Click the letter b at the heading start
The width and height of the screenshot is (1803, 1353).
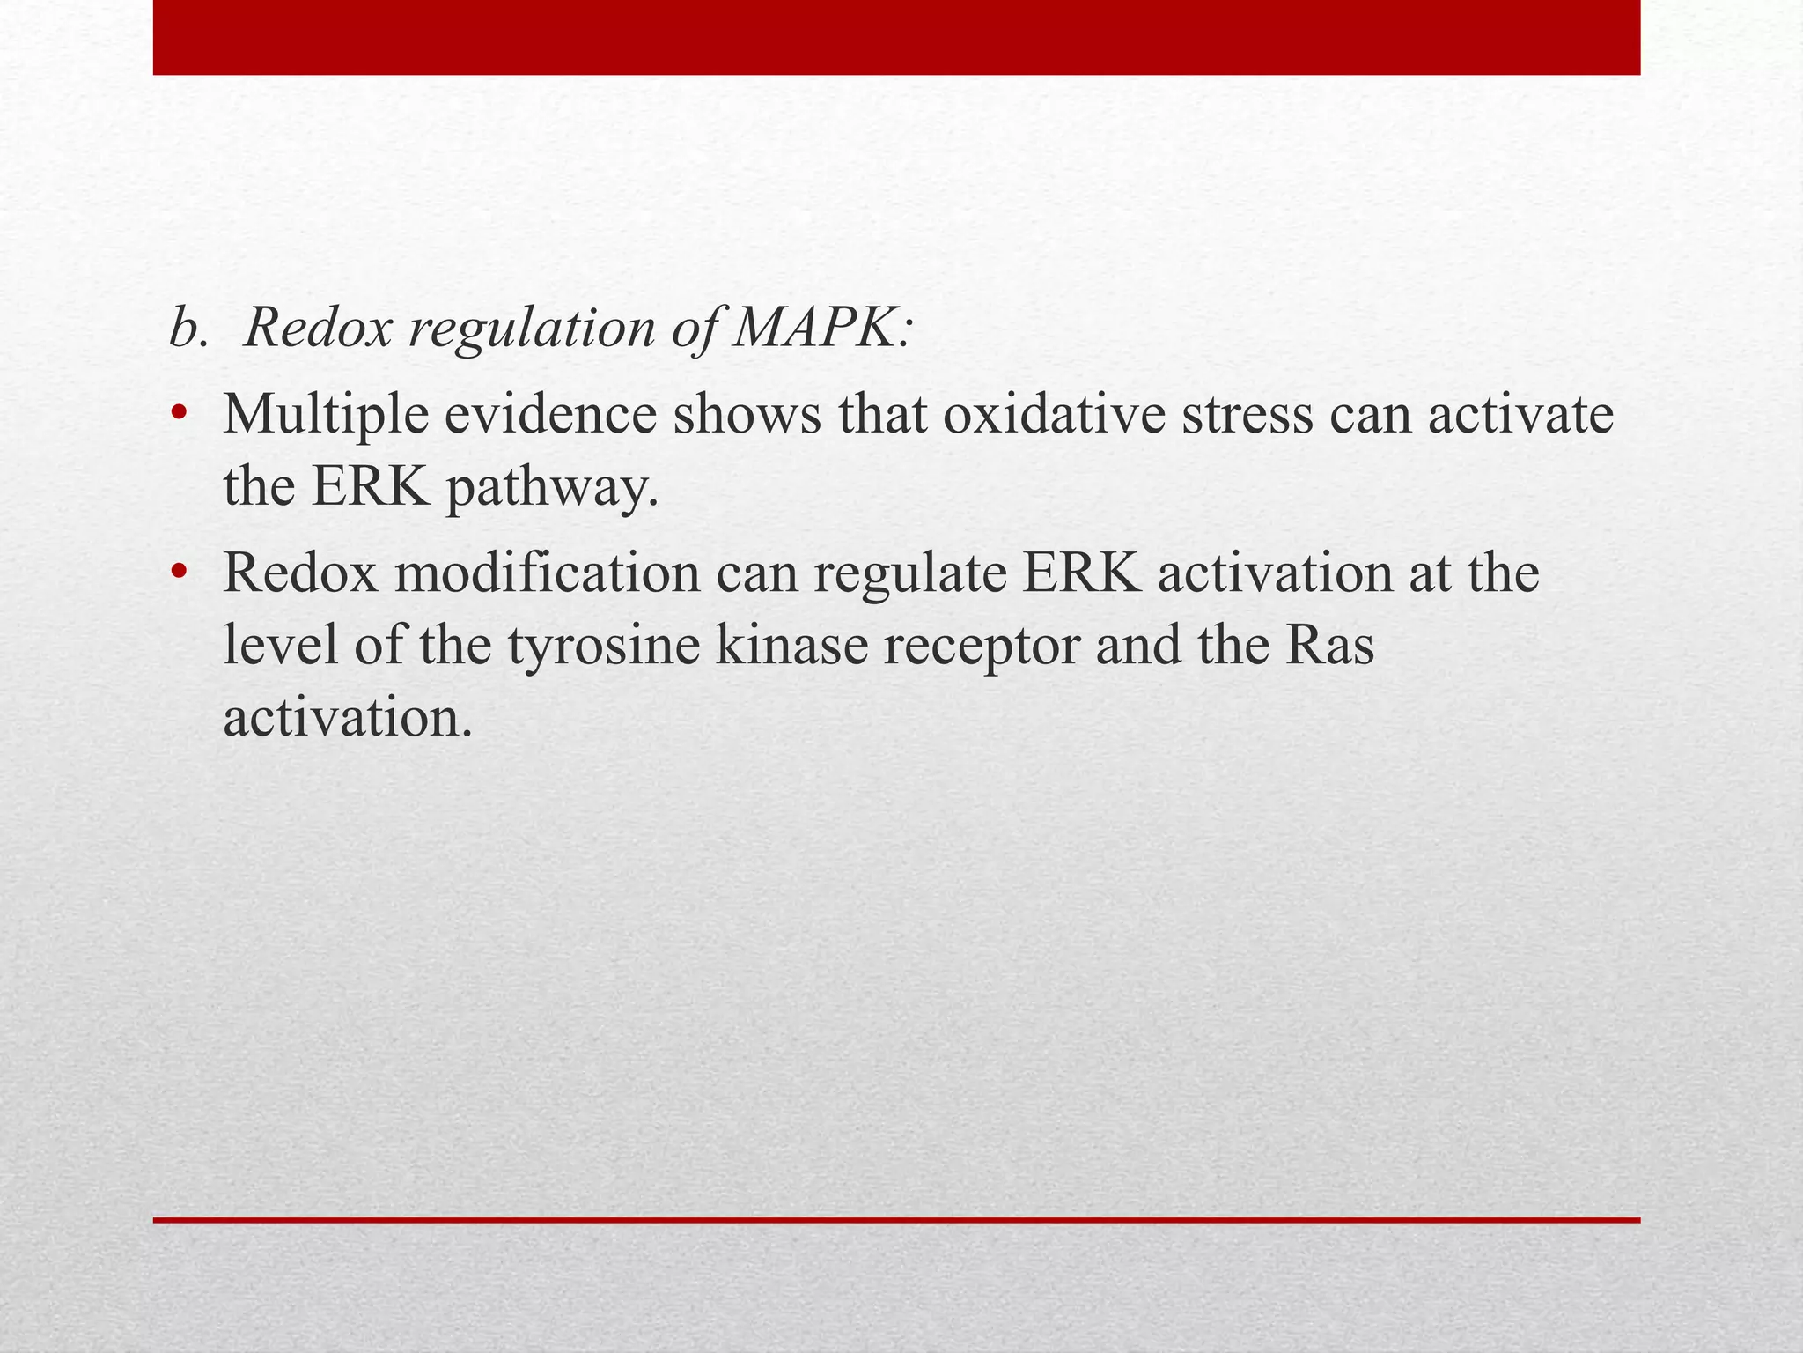(184, 329)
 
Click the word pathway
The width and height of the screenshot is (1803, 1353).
(552, 488)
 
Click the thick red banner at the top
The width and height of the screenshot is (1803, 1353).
(896, 37)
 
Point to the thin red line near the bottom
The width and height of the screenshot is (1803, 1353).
(896, 1220)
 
